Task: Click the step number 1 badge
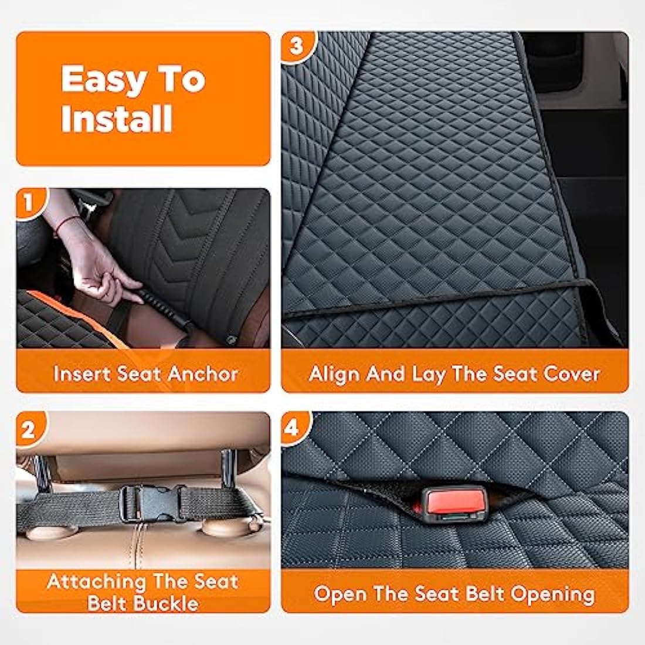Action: [x=27, y=203]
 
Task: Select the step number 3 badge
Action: [x=296, y=45]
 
